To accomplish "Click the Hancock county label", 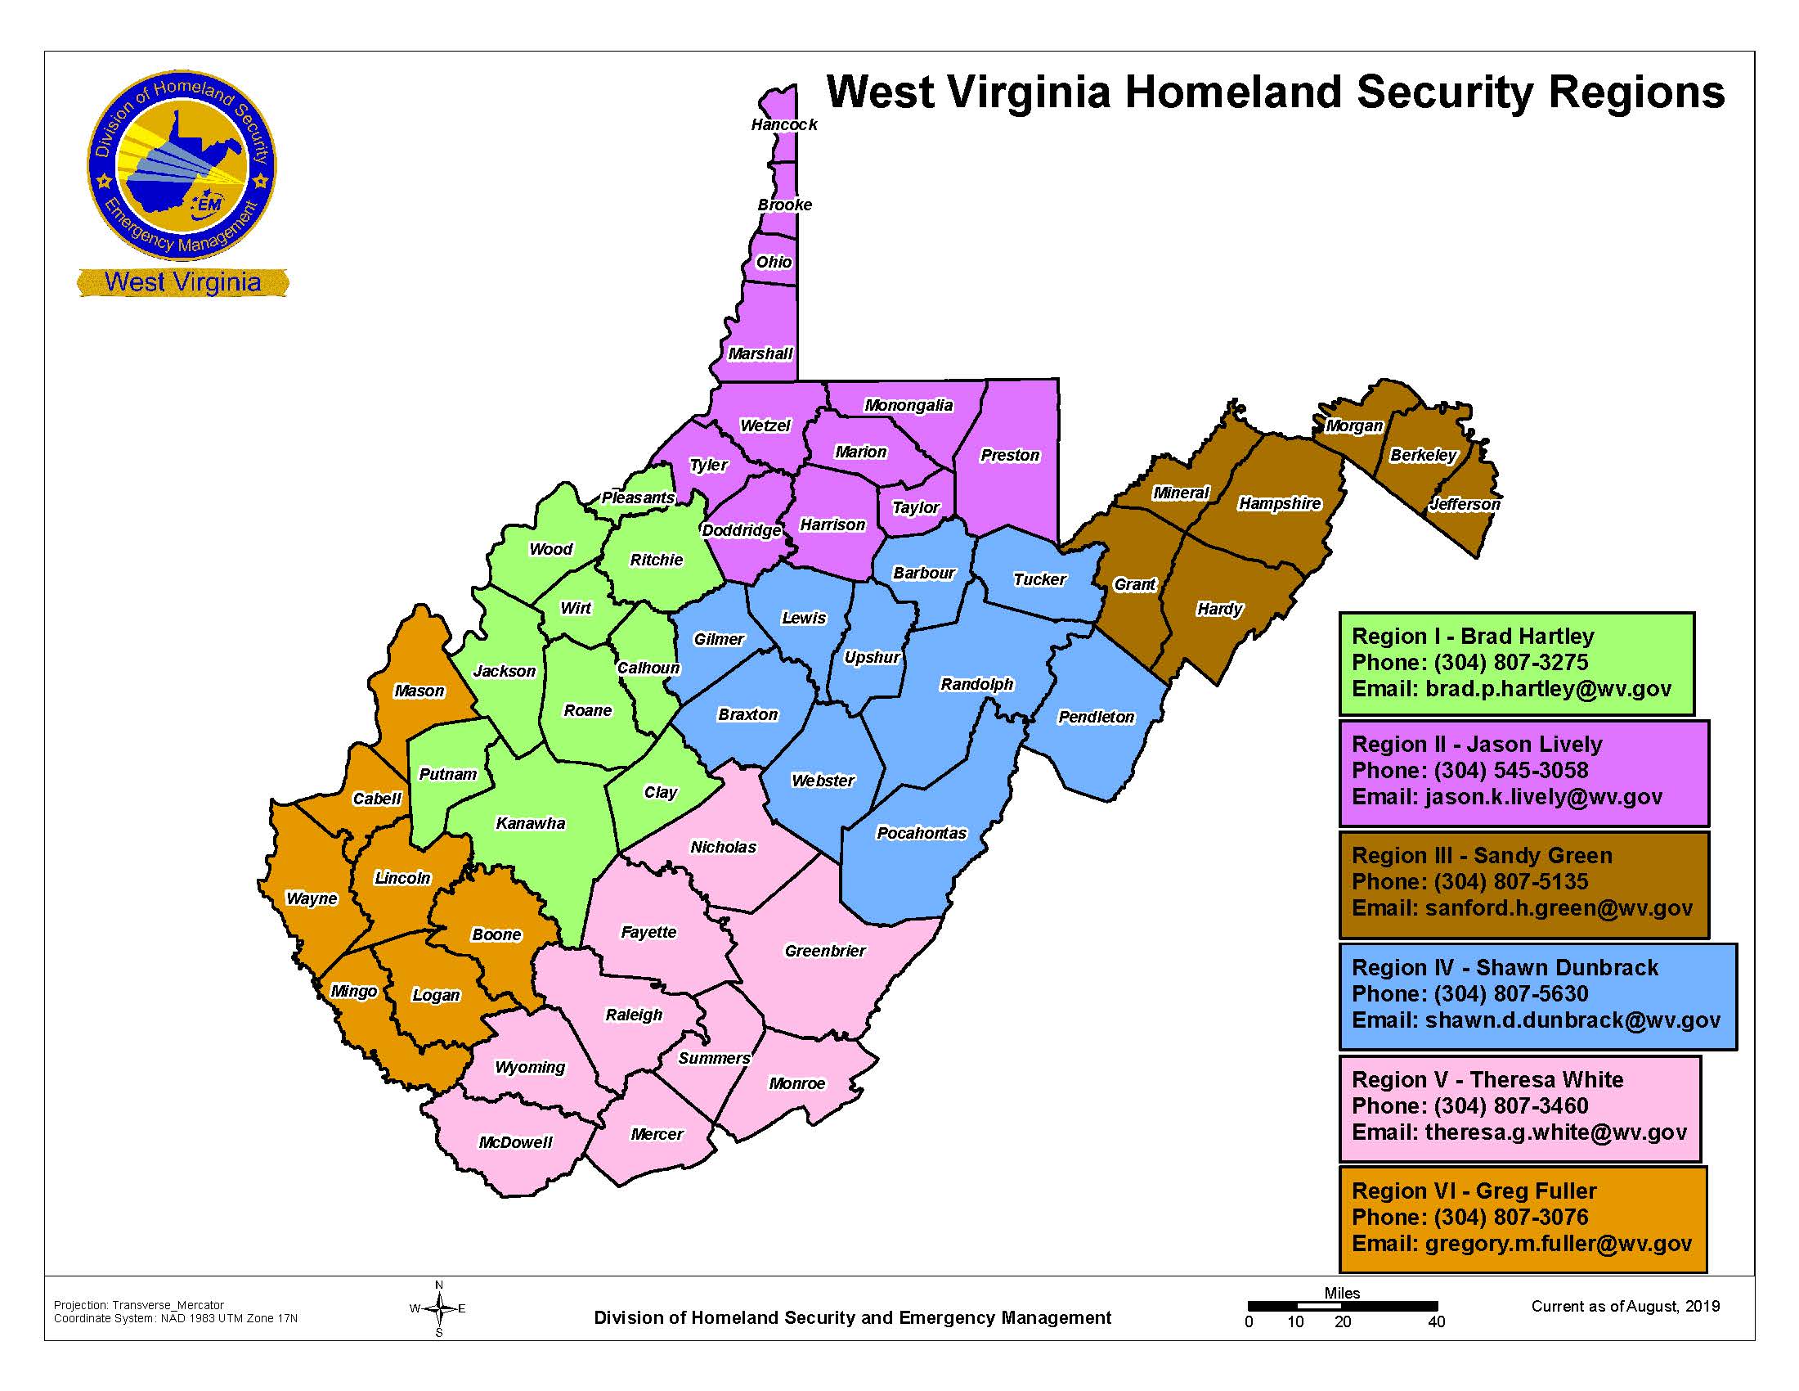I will pos(783,124).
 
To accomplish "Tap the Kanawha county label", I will pos(531,823).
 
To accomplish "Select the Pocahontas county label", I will pos(921,833).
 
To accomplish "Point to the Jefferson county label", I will pos(1464,504).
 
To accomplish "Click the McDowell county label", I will pos(516,1142).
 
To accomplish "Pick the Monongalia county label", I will pos(908,405).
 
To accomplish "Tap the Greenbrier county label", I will pos(824,951).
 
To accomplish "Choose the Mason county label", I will pos(419,691).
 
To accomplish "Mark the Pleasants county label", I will pos(638,497).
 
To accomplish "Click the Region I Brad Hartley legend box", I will pos(1515,663).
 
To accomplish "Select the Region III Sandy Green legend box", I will pos(1523,884).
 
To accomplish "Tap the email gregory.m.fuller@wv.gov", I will pos(1558,1244).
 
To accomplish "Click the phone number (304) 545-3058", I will pos(1510,771).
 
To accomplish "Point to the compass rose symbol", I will pos(438,1308).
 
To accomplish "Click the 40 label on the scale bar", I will pos(1436,1322).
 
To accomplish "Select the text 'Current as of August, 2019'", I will pos(1624,1306).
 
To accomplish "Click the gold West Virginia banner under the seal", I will pos(183,281).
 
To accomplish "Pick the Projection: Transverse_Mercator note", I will pos(138,1305).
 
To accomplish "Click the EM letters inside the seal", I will pos(208,204).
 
